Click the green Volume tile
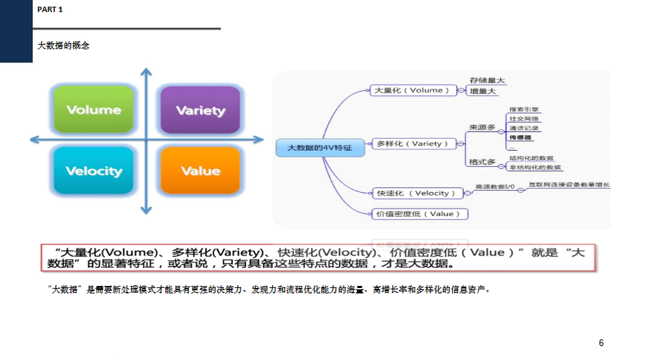[x=94, y=110]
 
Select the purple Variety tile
[x=200, y=110]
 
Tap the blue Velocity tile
[x=94, y=171]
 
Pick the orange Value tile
[x=200, y=171]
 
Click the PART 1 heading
[x=50, y=10]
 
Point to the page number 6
[x=601, y=343]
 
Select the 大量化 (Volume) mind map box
[x=413, y=90]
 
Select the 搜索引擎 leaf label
[x=524, y=109]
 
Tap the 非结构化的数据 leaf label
[x=535, y=167]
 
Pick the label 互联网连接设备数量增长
[x=568, y=185]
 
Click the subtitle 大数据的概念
[x=63, y=45]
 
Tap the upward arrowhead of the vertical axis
[x=145, y=72]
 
